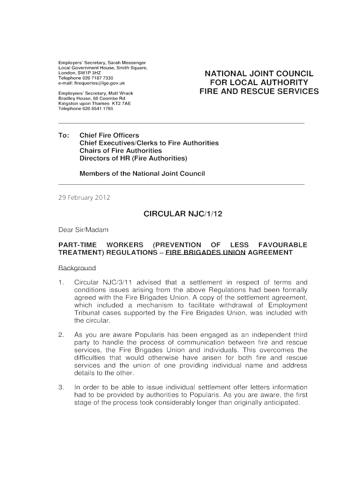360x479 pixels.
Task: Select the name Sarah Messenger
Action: coord(127,63)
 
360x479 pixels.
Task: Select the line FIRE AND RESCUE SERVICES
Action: coord(259,91)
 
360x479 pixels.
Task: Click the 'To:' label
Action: coord(64,135)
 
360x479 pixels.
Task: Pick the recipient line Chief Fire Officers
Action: coord(109,135)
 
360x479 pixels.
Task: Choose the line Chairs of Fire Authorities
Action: coord(121,151)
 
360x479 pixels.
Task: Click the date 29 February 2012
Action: coord(84,197)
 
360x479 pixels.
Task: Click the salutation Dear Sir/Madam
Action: coord(83,230)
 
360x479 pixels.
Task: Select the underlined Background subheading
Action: coord(77,268)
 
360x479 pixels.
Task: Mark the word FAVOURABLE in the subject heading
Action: coord(280,245)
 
